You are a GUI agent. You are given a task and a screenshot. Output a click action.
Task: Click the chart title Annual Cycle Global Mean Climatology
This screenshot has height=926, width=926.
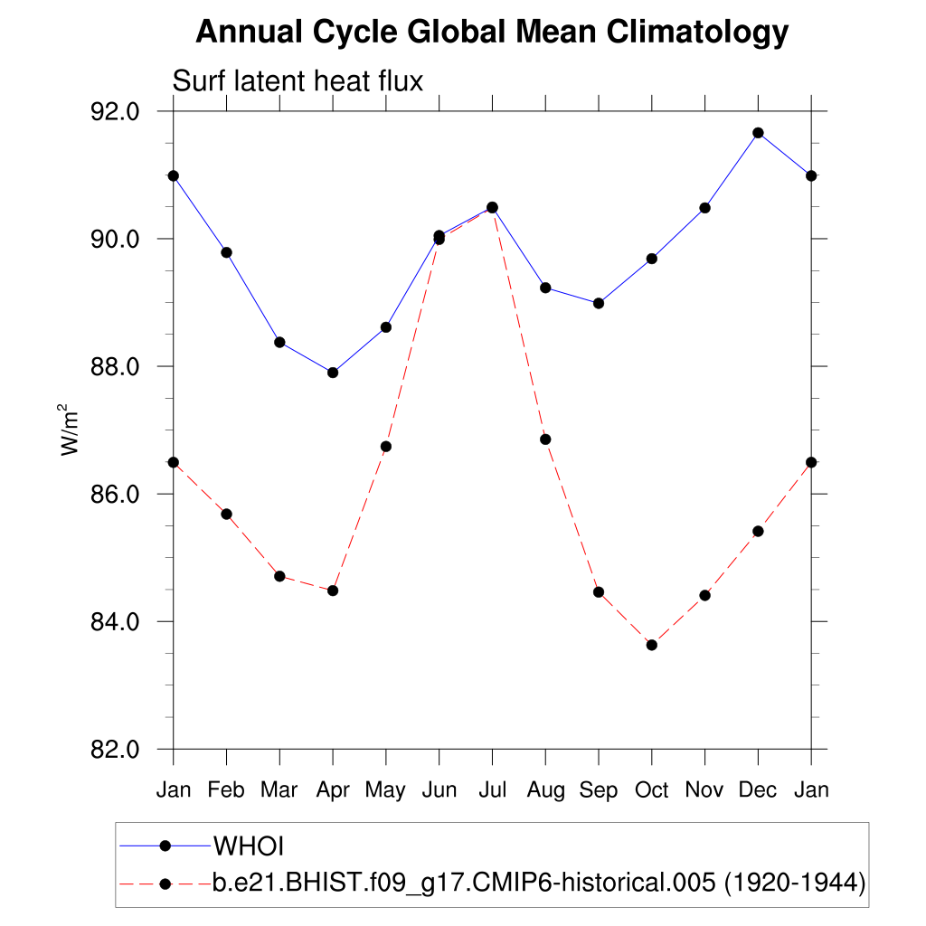point(492,33)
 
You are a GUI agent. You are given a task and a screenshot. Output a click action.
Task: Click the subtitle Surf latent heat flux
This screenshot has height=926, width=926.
point(298,81)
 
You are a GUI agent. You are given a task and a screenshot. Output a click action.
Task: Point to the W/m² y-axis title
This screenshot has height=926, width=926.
point(70,430)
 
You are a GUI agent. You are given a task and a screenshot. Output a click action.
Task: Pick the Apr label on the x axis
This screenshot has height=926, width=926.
point(333,789)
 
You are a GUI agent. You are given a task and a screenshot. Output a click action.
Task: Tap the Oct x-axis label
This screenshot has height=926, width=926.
point(651,789)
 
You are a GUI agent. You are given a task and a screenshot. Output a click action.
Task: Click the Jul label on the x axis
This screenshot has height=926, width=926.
point(492,789)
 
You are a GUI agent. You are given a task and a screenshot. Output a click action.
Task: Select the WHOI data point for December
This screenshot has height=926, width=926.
point(758,133)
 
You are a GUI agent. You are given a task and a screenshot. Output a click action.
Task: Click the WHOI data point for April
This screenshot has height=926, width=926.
point(333,373)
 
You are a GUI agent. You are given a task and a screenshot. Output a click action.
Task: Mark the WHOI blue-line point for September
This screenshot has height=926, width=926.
point(599,303)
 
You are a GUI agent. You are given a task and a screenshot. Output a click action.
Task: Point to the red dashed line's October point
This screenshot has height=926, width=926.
point(651,645)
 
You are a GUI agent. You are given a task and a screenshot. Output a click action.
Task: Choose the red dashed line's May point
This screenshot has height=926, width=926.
point(386,447)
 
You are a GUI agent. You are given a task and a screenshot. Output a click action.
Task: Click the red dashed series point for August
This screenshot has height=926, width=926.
point(545,439)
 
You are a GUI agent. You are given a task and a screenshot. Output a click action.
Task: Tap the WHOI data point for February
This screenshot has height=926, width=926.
point(227,252)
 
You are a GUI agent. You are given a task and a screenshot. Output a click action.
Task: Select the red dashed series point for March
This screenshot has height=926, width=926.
point(279,576)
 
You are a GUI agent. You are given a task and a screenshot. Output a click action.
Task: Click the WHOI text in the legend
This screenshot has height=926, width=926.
point(249,846)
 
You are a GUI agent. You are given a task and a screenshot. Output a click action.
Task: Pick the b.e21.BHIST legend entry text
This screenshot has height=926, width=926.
point(539,883)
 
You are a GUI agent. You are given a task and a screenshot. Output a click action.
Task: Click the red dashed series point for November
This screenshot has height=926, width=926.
point(704,595)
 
